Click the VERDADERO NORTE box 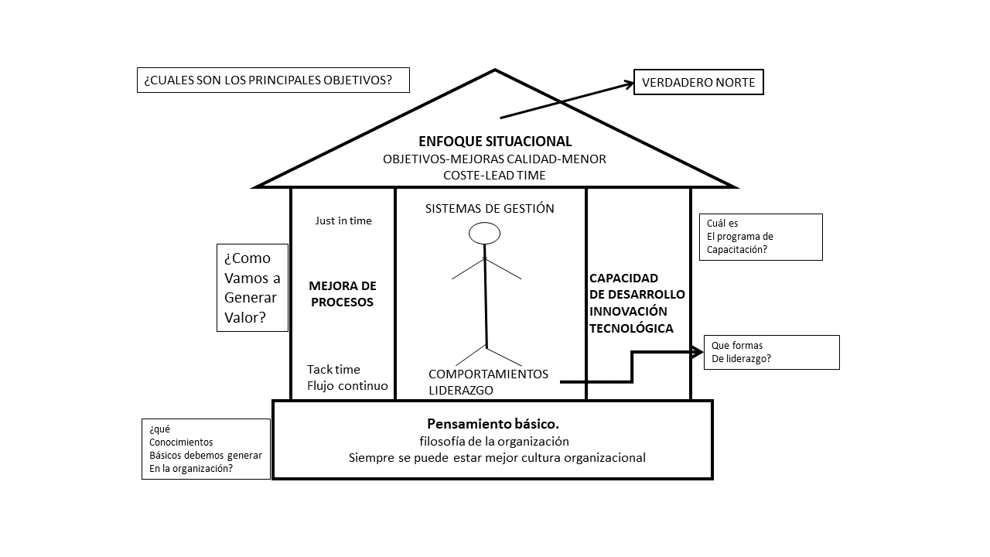(x=698, y=82)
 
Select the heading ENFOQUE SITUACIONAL (x=495, y=142)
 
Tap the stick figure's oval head (x=485, y=233)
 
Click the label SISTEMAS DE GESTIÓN (x=490, y=208)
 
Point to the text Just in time (x=343, y=220)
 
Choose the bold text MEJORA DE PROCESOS (x=342, y=294)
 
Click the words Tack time (x=333, y=369)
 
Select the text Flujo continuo (x=347, y=385)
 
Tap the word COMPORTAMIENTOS (x=488, y=374)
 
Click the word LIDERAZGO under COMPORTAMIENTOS (x=461, y=391)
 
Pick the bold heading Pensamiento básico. (x=493, y=424)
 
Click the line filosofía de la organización (x=493, y=441)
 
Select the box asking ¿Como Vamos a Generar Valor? (x=252, y=288)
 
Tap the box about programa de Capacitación (x=760, y=237)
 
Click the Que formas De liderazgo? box (x=771, y=352)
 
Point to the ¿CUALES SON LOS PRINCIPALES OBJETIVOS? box (x=273, y=80)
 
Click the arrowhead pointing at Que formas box (x=698, y=352)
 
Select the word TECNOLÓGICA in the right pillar (x=631, y=328)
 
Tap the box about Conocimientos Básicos (x=206, y=449)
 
